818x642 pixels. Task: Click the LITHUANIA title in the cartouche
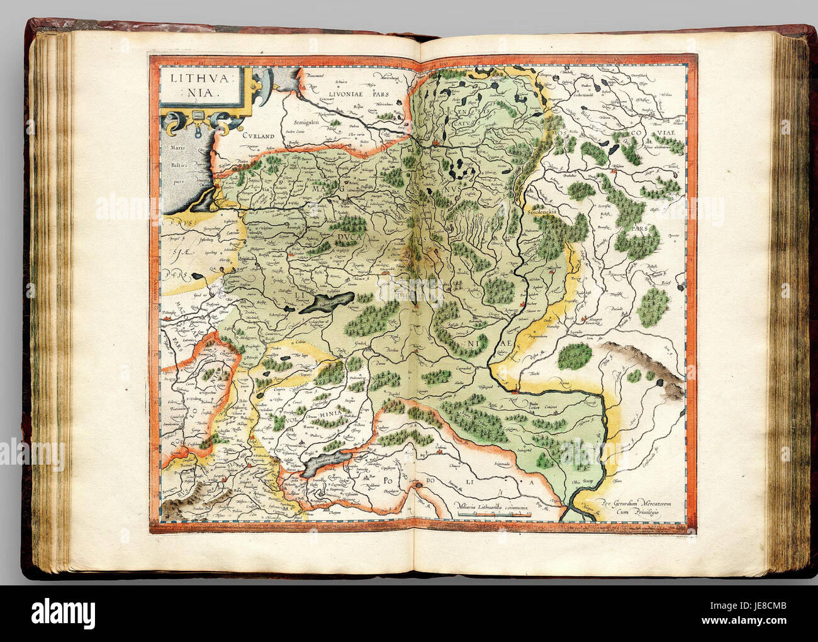(193, 86)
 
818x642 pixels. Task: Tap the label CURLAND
(260, 135)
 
